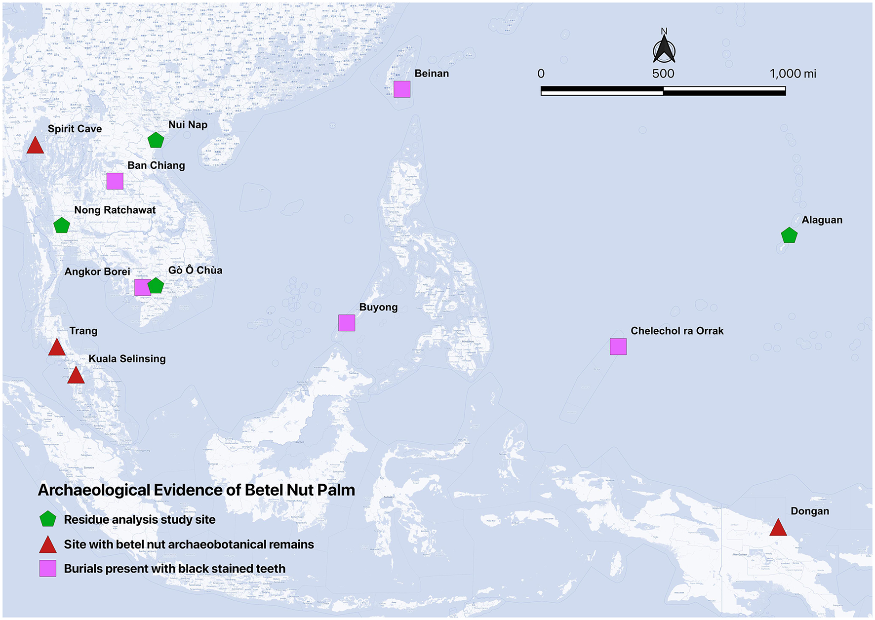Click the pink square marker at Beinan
tap(402, 89)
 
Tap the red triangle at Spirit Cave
tap(35, 146)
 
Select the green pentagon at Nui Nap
tap(156, 140)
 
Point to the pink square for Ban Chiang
tap(115, 181)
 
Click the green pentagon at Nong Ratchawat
tap(62, 226)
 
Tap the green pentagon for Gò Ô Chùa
tap(156, 286)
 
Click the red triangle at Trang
tap(57, 348)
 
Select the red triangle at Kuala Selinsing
tap(76, 376)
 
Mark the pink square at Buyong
tap(347, 323)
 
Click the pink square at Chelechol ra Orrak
tap(618, 347)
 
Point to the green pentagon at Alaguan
tap(789, 235)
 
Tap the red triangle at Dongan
tap(778, 528)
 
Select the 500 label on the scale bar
tap(663, 74)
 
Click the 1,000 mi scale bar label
tap(793, 74)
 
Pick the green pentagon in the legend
tap(48, 519)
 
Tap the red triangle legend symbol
tap(48, 545)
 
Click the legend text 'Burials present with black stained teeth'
tap(175, 569)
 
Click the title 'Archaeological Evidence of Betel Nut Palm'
tap(197, 490)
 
